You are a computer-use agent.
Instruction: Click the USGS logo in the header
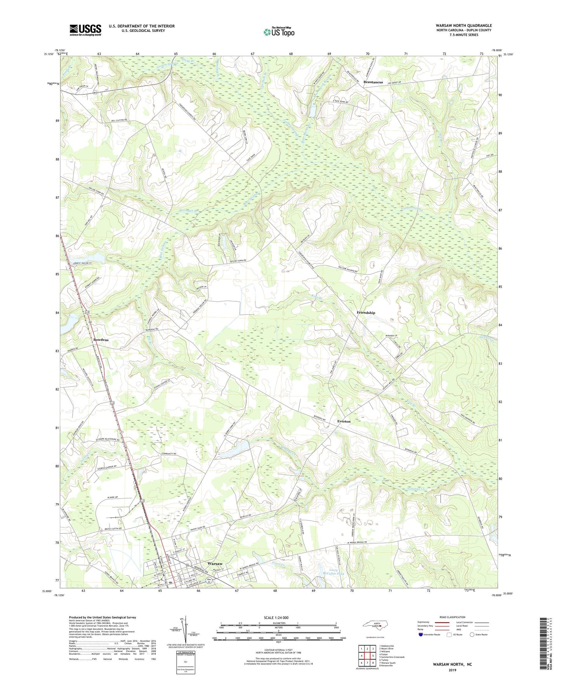pos(85,30)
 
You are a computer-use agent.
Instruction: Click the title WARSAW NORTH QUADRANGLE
pos(464,26)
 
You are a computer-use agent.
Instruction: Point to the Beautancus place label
pos(373,82)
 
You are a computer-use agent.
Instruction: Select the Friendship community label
pos(366,313)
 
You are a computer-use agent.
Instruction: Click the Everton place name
pos(344,421)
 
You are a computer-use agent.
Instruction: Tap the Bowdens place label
pos(101,340)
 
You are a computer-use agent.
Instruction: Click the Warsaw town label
pos(215,563)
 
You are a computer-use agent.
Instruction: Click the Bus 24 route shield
pos(209,581)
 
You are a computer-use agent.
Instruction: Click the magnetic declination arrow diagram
pos(185,629)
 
